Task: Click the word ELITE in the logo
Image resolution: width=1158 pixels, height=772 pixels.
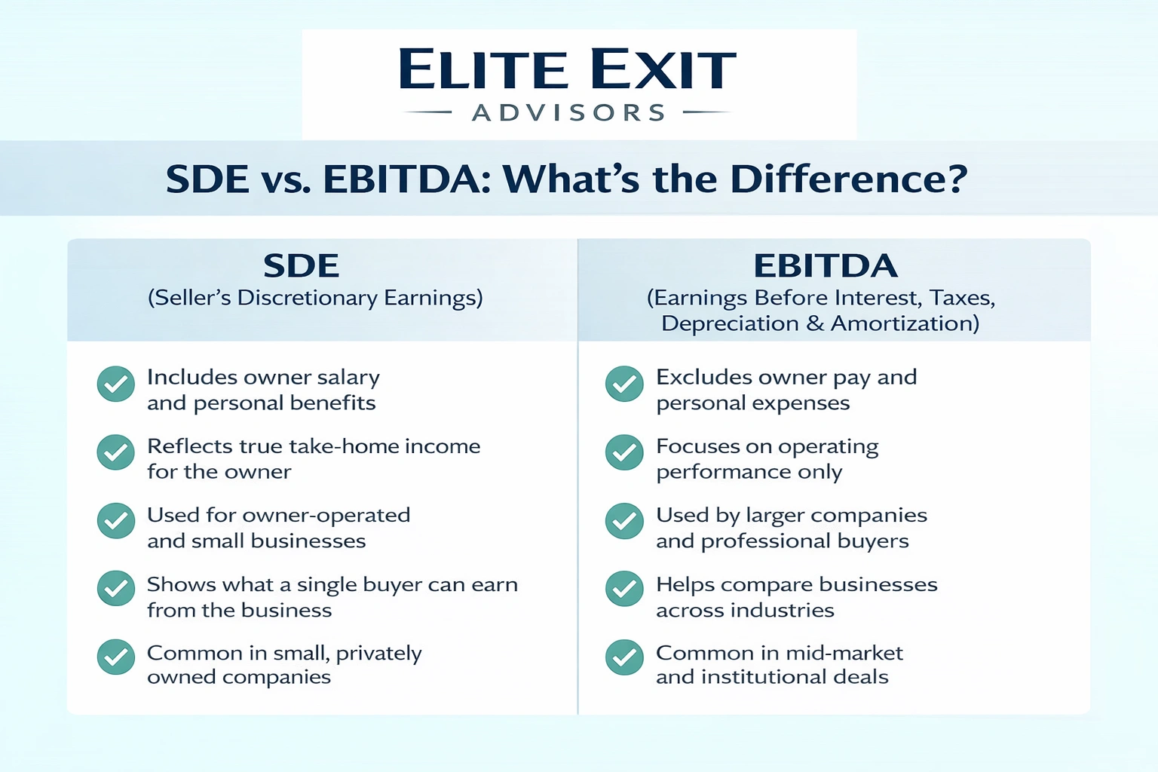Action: pyautogui.click(x=482, y=69)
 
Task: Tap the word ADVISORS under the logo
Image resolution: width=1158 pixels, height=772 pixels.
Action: pyautogui.click(x=569, y=113)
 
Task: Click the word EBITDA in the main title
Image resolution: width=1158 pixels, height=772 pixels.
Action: pyautogui.click(x=407, y=179)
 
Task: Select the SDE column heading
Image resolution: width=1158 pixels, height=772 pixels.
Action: pyautogui.click(x=301, y=266)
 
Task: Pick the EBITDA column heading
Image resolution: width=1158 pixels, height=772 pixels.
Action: pyautogui.click(x=826, y=266)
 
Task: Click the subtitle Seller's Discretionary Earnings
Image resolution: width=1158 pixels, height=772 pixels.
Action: pyautogui.click(x=315, y=298)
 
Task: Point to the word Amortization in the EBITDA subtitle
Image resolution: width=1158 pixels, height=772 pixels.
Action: pyautogui.click(x=905, y=323)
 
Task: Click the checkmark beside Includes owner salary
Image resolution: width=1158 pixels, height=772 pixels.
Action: pyautogui.click(x=116, y=384)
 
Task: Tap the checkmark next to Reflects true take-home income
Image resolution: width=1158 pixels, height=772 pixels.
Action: pyautogui.click(x=116, y=452)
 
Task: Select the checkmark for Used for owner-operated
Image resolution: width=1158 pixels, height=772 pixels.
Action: pyautogui.click(x=116, y=521)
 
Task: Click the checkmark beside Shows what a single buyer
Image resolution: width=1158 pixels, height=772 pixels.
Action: pyautogui.click(x=116, y=589)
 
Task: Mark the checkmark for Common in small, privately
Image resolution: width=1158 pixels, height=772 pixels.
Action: pyautogui.click(x=116, y=657)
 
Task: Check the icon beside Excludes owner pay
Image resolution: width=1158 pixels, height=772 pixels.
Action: pyautogui.click(x=624, y=384)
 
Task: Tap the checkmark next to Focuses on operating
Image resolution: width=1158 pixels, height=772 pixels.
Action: pyautogui.click(x=624, y=452)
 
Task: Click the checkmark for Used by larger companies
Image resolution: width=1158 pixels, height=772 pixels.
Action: pyautogui.click(x=624, y=521)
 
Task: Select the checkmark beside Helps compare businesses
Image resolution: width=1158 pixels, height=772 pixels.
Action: pyautogui.click(x=624, y=589)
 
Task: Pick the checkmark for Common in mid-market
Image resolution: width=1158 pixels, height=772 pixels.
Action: pyautogui.click(x=624, y=657)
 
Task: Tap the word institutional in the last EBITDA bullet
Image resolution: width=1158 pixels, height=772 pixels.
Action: pyautogui.click(x=764, y=677)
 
